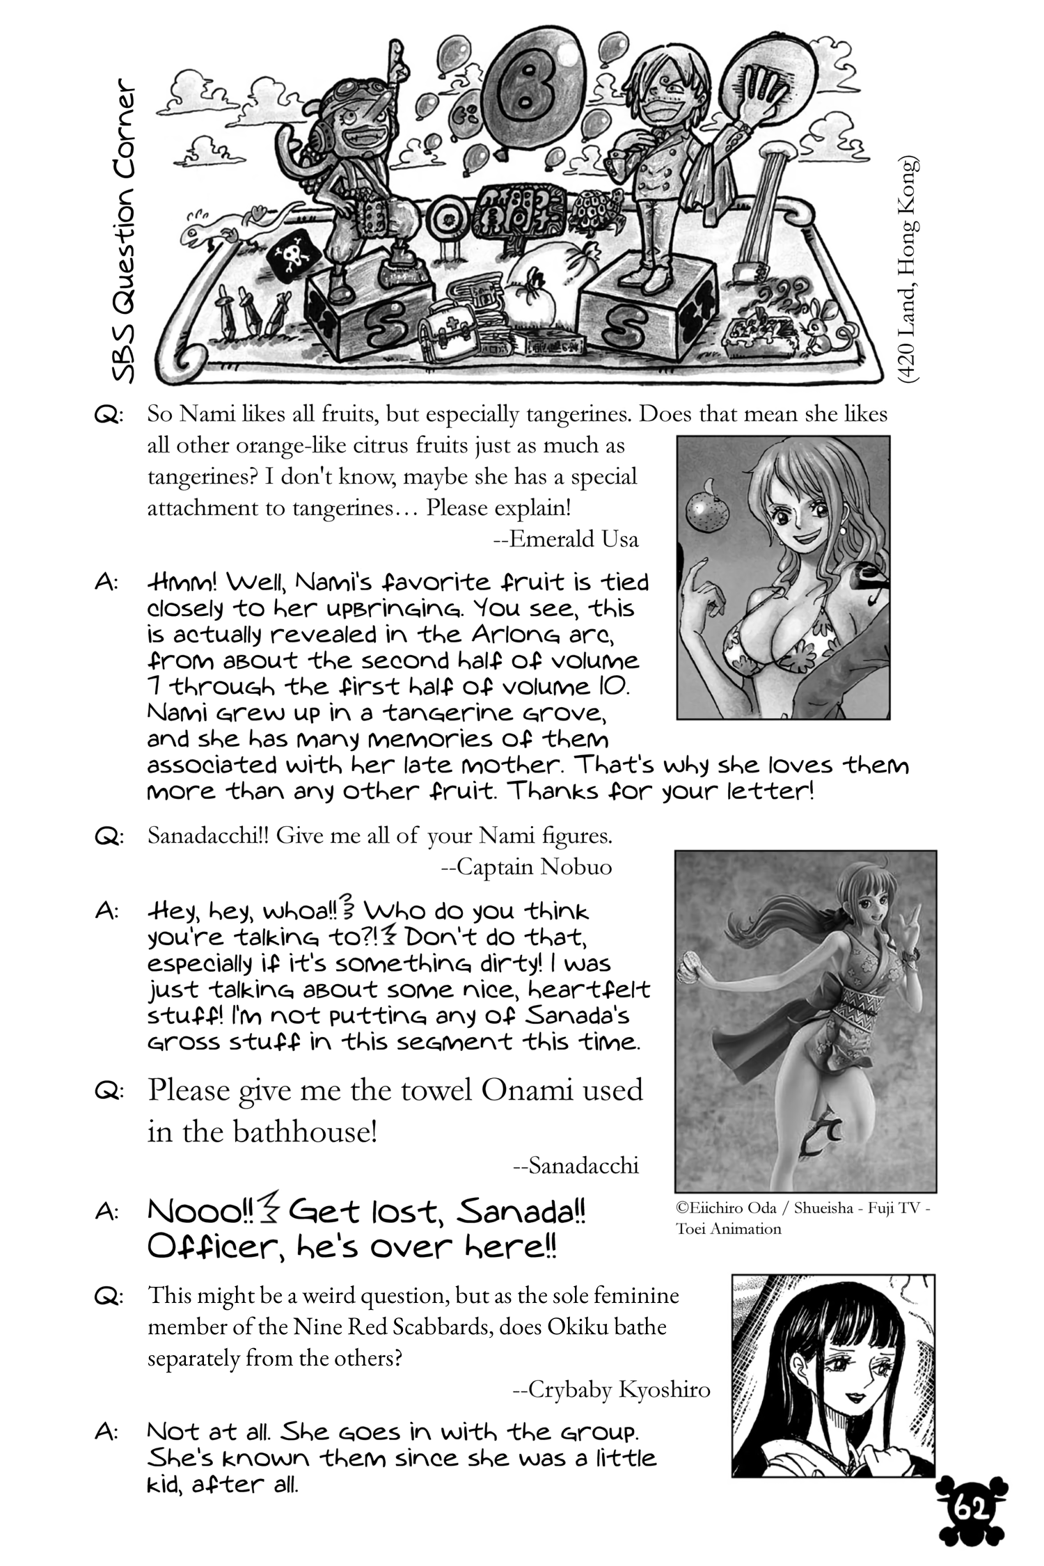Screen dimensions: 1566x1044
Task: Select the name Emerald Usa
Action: tap(574, 539)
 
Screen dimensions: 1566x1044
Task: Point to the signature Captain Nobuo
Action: tap(527, 867)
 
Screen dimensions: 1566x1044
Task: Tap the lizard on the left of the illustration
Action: tap(223, 229)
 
